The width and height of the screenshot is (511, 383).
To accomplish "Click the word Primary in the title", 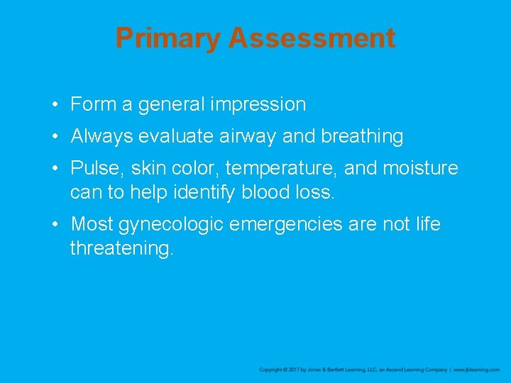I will tap(168, 38).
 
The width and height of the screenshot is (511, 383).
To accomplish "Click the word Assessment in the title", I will tap(312, 38).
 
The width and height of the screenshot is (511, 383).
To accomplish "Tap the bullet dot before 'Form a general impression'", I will tap(55, 105).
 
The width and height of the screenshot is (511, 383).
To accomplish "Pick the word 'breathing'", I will tap(362, 136).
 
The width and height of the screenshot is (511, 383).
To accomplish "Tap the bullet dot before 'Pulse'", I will tap(55, 169).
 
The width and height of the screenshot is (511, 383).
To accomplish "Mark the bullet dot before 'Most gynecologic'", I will tap(55, 225).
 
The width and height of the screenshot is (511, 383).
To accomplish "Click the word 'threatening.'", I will tap(121, 248).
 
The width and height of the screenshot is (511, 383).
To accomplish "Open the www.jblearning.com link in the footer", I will tap(476, 370).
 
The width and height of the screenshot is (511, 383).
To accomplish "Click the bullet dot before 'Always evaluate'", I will tap(55, 136).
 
